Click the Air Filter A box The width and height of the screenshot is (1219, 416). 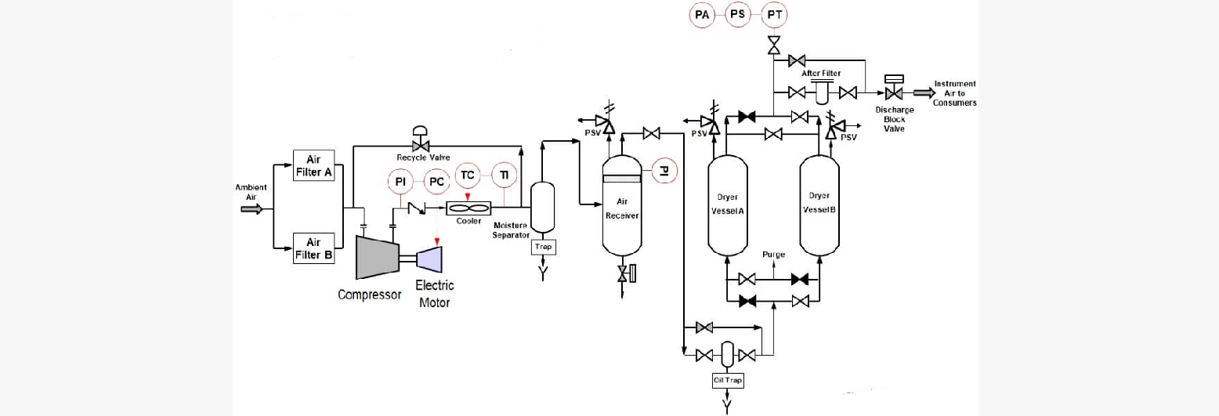(314, 165)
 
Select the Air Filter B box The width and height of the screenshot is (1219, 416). (314, 248)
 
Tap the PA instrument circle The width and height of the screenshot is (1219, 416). (701, 15)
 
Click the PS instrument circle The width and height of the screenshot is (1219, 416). (738, 15)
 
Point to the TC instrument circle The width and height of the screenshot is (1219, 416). (468, 175)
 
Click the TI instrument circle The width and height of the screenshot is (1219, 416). (504, 175)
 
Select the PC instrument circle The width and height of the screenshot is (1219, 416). (436, 182)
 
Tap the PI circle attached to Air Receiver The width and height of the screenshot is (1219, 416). (664, 170)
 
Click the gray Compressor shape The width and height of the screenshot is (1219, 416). (376, 256)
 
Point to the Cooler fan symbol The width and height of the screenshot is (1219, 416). (468, 208)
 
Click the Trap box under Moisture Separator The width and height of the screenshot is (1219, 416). (543, 247)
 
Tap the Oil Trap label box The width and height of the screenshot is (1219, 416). (726, 381)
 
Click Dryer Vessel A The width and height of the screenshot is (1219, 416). (728, 206)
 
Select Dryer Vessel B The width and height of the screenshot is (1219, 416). (819, 206)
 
